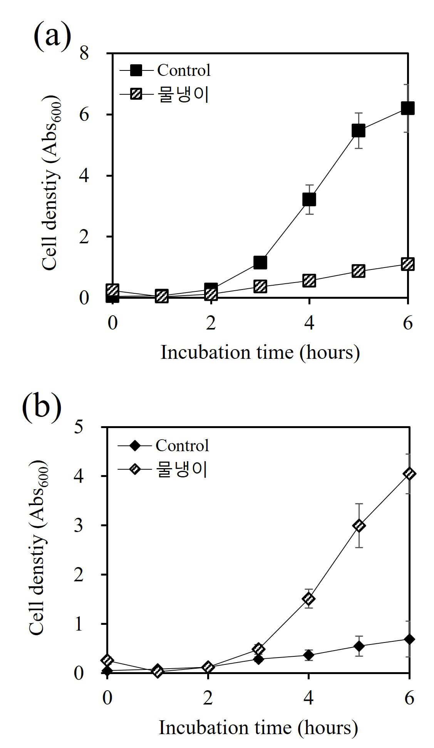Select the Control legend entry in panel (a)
165,70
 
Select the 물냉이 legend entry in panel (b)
163,470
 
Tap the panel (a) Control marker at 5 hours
358,131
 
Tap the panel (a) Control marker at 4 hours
309,199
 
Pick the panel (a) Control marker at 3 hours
260,263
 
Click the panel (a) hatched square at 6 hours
407,264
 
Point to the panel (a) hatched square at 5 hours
358,271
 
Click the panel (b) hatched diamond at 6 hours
409,474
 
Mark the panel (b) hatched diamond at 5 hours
359,525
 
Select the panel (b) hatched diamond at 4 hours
308,599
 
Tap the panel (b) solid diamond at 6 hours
409,639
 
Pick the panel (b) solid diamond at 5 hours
359,646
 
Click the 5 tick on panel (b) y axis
79,427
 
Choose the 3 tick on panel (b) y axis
79,525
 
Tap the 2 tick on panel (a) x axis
211,323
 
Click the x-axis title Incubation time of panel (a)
227,352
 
